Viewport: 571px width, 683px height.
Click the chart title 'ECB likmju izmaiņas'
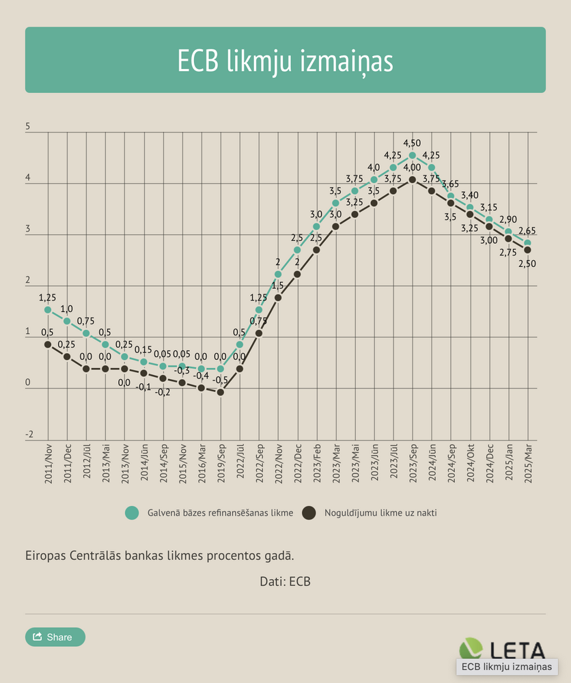(285, 61)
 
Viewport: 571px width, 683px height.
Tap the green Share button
(55, 637)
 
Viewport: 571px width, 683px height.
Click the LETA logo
(503, 650)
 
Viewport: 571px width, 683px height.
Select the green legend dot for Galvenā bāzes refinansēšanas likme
(133, 512)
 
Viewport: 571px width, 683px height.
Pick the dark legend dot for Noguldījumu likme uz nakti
(309, 512)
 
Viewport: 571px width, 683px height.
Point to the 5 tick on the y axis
(28, 127)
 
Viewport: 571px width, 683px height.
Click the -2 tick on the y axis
(29, 434)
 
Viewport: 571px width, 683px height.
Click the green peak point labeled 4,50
(413, 155)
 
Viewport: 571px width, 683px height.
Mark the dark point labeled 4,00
(413, 180)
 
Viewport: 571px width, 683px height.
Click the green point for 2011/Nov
(48, 309)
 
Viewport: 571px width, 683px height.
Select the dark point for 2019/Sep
(221, 392)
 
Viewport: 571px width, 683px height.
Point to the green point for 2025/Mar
(528, 242)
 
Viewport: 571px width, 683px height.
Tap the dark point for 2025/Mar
(528, 250)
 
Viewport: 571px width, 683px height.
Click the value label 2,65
(527, 231)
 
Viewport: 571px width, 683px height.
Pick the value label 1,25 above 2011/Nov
(48, 298)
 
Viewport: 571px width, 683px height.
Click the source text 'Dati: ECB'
(285, 582)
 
